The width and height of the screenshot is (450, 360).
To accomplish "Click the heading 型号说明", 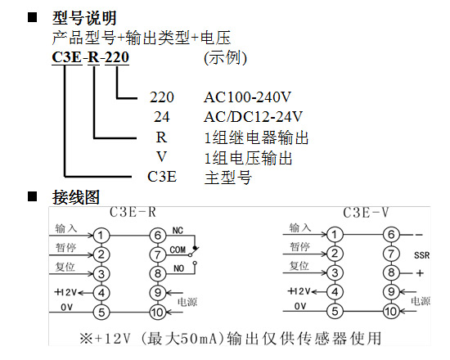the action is point(84,18).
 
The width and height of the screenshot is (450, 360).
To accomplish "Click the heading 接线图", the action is point(76,197).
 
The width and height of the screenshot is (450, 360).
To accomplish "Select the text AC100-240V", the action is point(247,97).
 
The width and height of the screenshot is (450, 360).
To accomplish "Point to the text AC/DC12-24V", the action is point(253,117).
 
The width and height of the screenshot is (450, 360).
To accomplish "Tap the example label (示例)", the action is point(225,58).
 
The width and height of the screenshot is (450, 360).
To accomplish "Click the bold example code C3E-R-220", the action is point(90,57).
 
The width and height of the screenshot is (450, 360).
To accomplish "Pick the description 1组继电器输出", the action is point(256,137).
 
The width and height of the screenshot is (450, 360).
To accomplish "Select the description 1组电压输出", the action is point(248,158).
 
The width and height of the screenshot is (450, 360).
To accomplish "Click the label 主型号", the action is point(228,177).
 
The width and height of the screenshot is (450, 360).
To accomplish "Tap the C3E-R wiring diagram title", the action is point(133,213).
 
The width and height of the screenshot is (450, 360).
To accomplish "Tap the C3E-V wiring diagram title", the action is point(366,213).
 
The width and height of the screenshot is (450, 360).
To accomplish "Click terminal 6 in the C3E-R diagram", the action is point(158,236).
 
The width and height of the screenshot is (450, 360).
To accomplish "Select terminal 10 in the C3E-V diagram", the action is point(391,311).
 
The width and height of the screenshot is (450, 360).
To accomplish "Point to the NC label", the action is point(178,231).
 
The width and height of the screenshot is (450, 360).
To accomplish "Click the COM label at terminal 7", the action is point(178,250).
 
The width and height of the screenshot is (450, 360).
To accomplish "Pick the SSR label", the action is point(421,255).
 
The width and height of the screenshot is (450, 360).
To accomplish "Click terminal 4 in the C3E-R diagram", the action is point(101,293).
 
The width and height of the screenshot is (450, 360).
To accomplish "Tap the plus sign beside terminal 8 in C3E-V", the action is point(420,273).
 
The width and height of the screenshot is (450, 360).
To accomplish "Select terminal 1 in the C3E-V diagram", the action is point(335,235).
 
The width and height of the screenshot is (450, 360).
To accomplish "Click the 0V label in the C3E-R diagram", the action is point(66,308).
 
